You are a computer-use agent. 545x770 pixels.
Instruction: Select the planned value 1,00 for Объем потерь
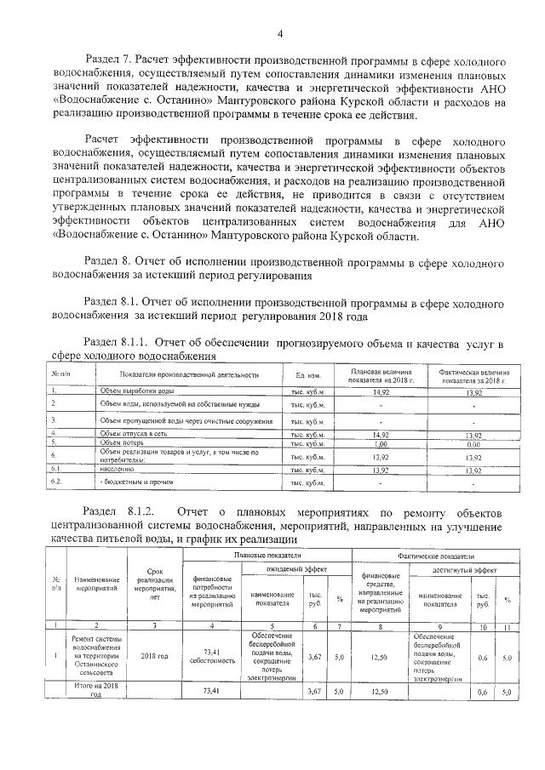[x=381, y=443]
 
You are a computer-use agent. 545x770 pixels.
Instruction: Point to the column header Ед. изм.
[x=307, y=375]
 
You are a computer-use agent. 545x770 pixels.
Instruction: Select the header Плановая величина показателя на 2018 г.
[x=381, y=375]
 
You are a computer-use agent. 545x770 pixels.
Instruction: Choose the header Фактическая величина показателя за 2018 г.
[x=473, y=375]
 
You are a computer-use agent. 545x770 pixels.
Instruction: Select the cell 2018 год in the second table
[x=154, y=656]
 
